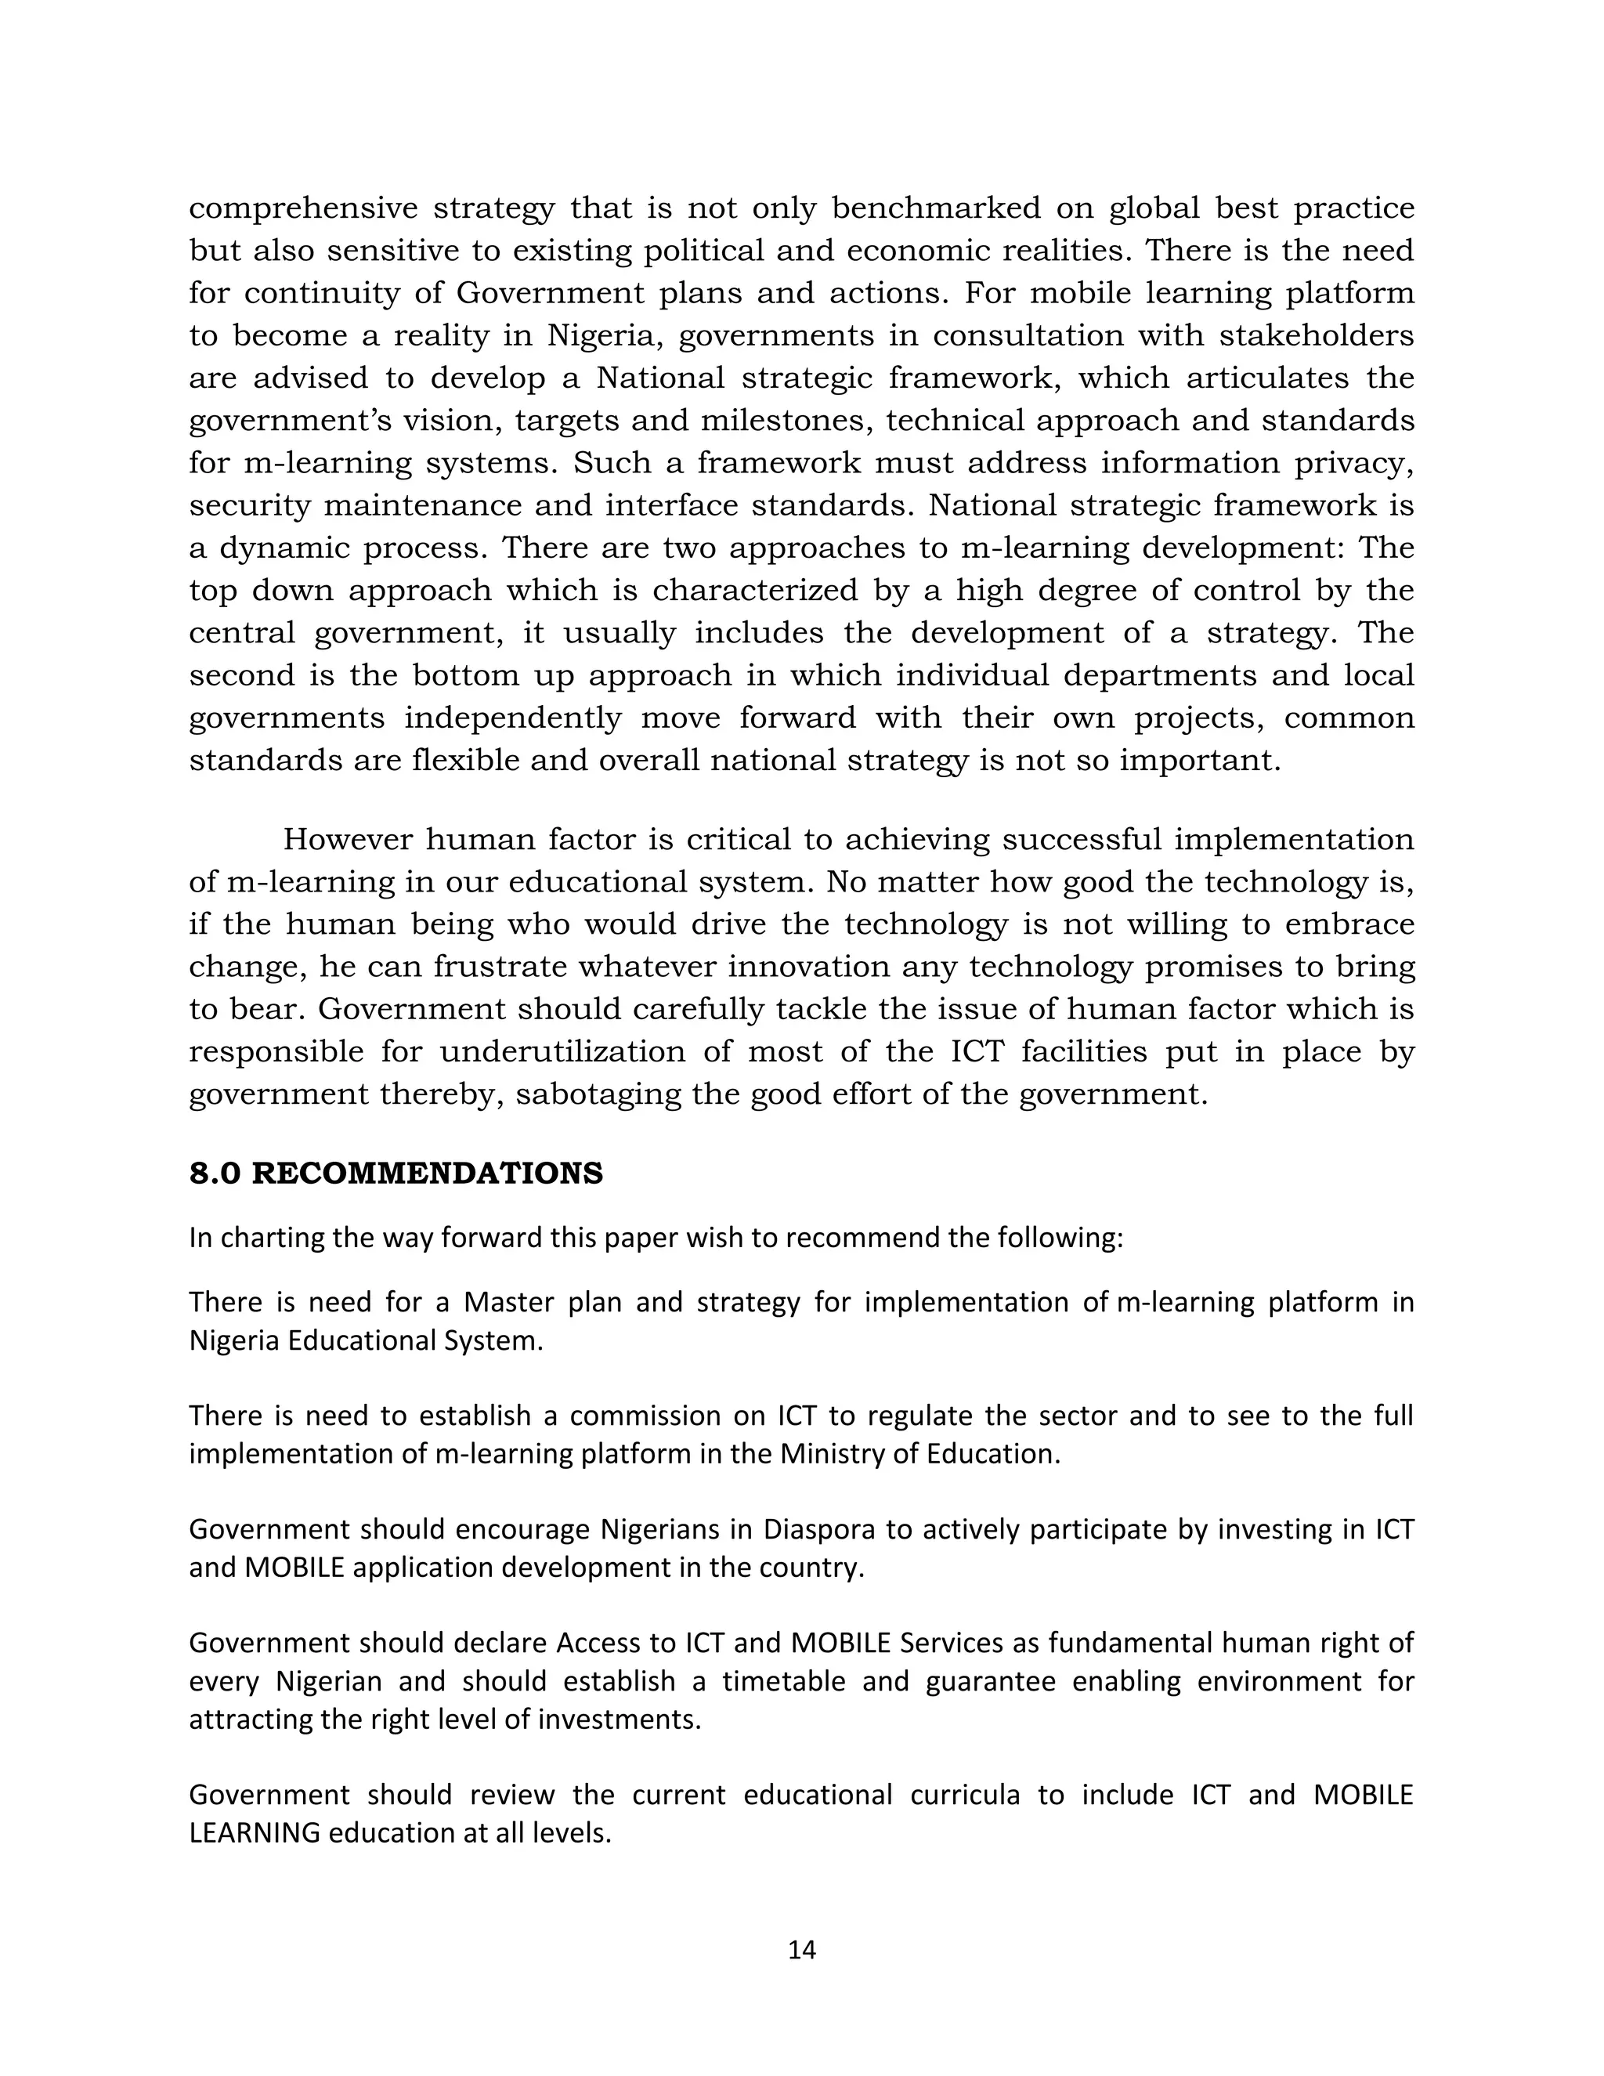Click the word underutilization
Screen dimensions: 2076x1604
tap(562, 1051)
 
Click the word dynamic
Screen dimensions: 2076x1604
tap(284, 548)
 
